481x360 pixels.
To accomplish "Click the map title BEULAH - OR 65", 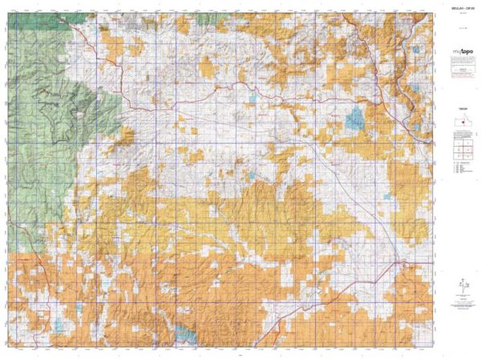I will coord(456,10).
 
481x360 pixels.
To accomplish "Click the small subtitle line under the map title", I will coord(456,16).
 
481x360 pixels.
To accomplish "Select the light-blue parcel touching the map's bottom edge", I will coord(188,334).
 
